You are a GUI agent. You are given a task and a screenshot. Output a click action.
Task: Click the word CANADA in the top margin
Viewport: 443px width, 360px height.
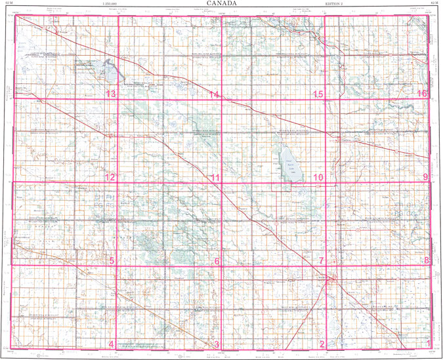click(221, 3)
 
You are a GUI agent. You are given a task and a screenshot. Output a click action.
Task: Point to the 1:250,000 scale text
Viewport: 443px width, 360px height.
click(110, 4)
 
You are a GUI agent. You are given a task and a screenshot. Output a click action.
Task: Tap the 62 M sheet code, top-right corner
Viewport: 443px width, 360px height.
click(434, 4)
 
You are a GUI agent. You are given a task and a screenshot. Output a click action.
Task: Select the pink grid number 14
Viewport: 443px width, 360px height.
click(213, 95)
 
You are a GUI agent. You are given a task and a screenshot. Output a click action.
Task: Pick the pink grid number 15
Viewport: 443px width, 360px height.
click(318, 95)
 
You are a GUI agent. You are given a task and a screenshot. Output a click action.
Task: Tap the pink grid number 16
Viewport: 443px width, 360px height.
click(422, 94)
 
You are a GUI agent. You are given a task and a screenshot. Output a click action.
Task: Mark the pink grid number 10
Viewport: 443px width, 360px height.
click(318, 178)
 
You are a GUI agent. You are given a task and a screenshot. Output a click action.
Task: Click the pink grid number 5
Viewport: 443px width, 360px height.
click(112, 262)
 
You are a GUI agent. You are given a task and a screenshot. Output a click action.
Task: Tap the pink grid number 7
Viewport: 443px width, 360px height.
click(321, 262)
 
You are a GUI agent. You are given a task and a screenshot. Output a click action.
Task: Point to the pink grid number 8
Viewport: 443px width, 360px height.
click(426, 261)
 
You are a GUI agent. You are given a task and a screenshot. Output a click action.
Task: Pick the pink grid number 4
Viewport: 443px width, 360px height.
click(112, 345)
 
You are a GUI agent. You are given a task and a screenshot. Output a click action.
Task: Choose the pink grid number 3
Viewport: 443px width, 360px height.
click(217, 345)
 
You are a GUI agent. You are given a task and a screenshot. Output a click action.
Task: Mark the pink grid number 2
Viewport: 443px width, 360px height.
click(322, 345)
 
